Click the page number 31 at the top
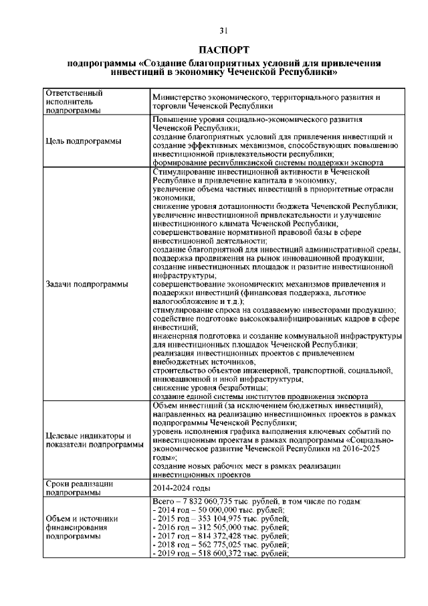[x=223, y=29]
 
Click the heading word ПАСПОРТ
[x=224, y=50]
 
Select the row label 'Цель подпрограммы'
[x=84, y=141]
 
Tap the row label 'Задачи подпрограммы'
[x=87, y=284]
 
